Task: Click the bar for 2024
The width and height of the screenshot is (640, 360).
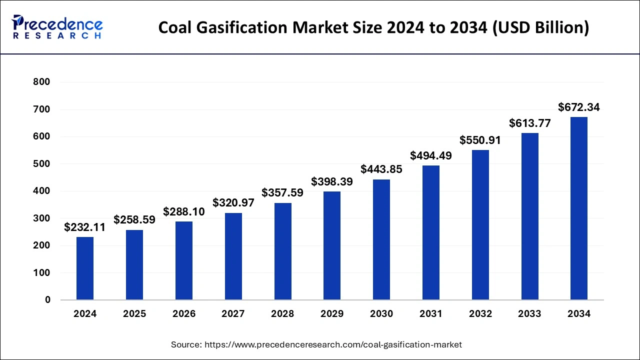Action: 85,268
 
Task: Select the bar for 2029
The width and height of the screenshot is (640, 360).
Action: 332,245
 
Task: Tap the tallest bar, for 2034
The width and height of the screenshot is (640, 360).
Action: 579,208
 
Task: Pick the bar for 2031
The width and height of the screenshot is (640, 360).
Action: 431,232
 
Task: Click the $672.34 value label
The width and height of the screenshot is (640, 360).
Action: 579,107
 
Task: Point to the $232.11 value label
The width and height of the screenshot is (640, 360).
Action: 85,227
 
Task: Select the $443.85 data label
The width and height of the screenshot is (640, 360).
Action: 381,169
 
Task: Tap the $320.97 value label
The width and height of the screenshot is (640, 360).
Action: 233,202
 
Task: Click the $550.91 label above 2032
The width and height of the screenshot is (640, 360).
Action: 480,140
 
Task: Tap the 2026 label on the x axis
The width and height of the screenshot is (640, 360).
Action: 184,314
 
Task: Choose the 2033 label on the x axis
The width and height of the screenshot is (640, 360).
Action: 529,314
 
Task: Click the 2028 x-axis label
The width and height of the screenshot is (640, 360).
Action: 282,314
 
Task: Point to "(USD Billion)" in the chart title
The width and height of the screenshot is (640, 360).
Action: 541,28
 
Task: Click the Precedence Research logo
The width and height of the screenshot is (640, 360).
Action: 57,27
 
